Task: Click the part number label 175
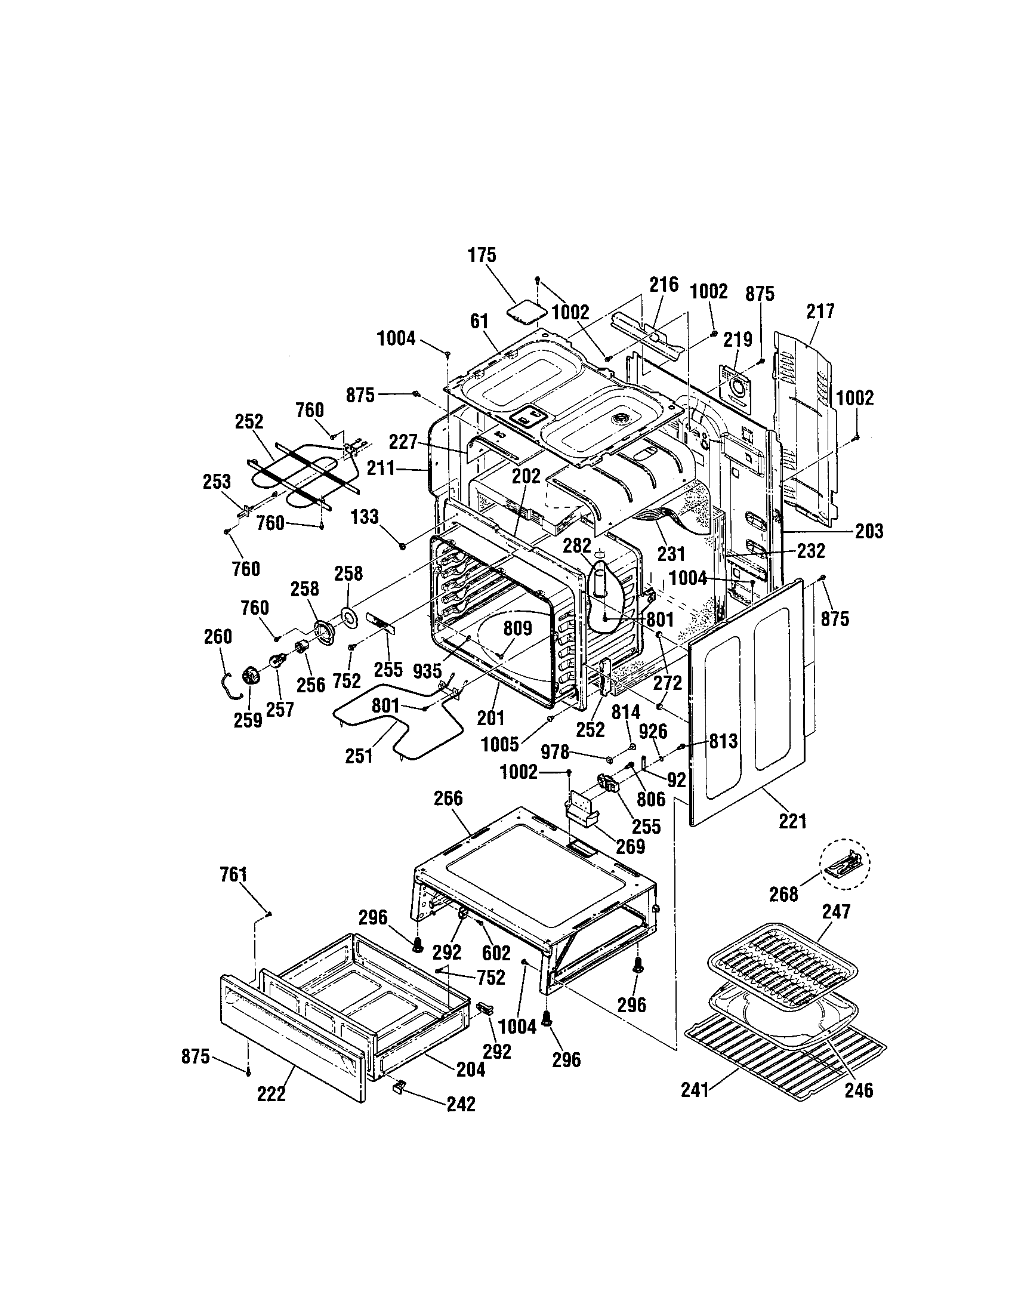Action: click(482, 255)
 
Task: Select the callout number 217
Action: click(820, 312)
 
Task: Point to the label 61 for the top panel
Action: click(479, 322)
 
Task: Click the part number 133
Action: click(365, 516)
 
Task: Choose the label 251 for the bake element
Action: click(359, 756)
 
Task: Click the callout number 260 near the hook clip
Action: click(218, 637)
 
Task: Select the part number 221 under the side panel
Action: click(792, 821)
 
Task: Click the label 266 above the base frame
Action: click(448, 799)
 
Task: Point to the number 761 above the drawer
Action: click(233, 874)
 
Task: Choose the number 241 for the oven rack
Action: click(695, 1089)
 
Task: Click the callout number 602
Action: click(496, 953)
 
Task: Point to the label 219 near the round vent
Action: click(738, 340)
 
